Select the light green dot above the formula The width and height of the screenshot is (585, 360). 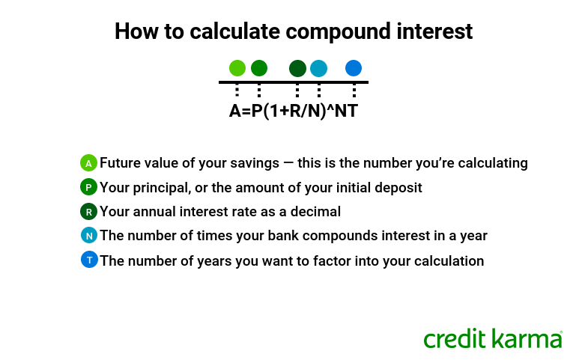click(237, 68)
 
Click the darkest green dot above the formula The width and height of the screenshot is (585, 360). click(297, 68)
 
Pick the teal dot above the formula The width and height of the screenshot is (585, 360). click(318, 68)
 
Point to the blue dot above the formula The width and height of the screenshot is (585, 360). click(354, 68)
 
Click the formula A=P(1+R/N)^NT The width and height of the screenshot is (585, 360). click(293, 112)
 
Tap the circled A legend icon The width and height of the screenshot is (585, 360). click(89, 162)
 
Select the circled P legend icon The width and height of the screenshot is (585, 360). click(89, 187)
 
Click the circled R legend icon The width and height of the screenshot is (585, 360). click(89, 211)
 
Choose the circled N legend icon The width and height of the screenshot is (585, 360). click(89, 236)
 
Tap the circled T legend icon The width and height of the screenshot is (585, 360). click(89, 260)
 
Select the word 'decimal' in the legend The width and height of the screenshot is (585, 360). click(316, 211)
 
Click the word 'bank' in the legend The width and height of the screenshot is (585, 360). click(255, 236)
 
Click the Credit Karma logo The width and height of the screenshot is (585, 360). click(492, 338)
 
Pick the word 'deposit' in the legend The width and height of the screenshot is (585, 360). click(398, 187)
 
